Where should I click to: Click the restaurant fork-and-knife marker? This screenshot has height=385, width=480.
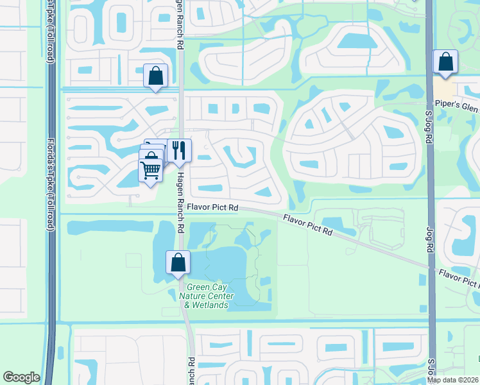coord(179,151)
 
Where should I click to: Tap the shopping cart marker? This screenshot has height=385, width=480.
coord(150,170)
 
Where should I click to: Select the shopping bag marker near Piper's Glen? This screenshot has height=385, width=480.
coord(445,62)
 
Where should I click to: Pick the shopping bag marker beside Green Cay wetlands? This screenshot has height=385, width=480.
coord(178,262)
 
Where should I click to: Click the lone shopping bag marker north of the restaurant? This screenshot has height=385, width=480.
coord(155,76)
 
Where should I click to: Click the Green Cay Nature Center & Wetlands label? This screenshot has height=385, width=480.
coord(206,296)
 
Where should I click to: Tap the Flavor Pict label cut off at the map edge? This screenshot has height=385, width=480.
coord(459,278)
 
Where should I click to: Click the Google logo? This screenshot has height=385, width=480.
coord(21,377)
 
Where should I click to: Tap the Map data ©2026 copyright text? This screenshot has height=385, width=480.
coord(453,379)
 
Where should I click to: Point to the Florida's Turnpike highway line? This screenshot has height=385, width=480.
coord(52,289)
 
